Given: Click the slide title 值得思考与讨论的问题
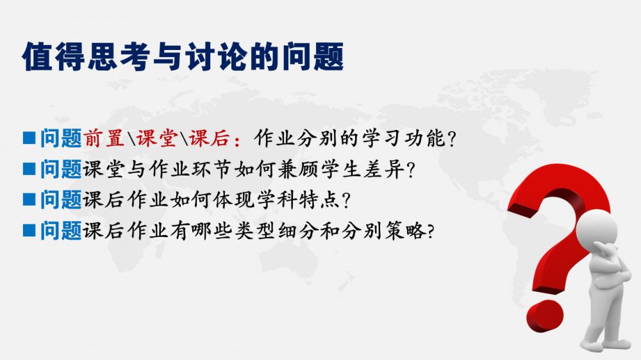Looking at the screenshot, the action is pyautogui.click(x=183, y=56).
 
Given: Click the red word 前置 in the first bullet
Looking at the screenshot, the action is pyautogui.click(x=104, y=138).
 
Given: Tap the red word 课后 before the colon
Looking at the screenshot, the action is pyautogui.click(x=209, y=138).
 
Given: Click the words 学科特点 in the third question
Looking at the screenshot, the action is pyautogui.click(x=299, y=200).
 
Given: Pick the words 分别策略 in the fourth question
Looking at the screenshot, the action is pyautogui.click(x=384, y=231).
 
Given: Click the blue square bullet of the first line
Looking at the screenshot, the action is pyautogui.click(x=29, y=138).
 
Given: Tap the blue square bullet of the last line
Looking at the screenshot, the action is pyautogui.click(x=29, y=231).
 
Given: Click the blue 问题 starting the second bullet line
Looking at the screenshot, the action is pyautogui.click(x=61, y=169).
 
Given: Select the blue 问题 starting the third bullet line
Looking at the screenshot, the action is pyautogui.click(x=61, y=200).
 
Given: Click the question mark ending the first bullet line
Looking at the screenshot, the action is pyautogui.click(x=451, y=139).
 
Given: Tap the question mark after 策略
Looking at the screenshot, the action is pyautogui.click(x=430, y=232).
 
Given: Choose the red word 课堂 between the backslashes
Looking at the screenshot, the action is pyautogui.click(x=156, y=138).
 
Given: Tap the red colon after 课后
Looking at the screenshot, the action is pyautogui.click(x=237, y=140).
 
